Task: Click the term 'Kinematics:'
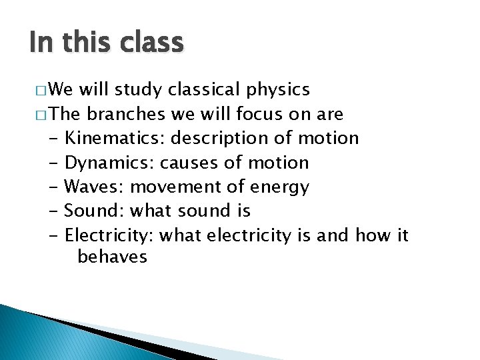116,138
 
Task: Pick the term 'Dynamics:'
110,163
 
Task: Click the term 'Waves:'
95,187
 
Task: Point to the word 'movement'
170,187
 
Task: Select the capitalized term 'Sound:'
94,211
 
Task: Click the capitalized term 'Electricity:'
111,235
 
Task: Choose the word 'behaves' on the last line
112,256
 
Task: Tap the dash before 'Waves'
54,187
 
